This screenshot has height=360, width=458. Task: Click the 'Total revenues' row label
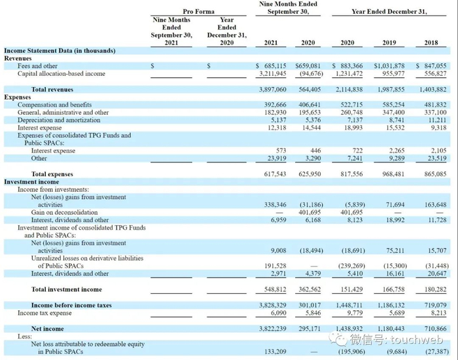pos(52,89)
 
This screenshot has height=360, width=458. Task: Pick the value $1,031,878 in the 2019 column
pos(389,65)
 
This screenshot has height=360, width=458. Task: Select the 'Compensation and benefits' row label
pos(54,105)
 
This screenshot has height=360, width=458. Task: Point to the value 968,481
pos(391,174)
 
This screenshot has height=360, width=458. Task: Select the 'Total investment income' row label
pos(66,289)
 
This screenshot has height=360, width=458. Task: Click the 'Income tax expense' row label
pos(44,313)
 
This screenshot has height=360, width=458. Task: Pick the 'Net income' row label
pos(48,329)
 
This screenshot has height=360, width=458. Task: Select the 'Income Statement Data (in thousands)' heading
pos(60,50)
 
